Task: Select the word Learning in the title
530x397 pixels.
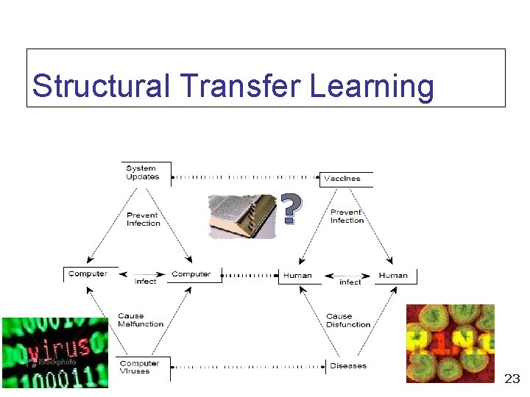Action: point(372,86)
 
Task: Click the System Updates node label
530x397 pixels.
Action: point(142,173)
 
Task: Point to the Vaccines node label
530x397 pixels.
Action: point(342,178)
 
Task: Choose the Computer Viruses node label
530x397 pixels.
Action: point(139,367)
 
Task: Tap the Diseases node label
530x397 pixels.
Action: point(348,366)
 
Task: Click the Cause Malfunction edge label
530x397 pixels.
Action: point(141,320)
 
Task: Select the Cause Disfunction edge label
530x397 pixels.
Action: point(348,320)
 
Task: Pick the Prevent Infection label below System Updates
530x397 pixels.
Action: point(143,219)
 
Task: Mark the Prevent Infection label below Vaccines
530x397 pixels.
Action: point(347,216)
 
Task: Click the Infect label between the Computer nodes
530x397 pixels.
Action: point(145,281)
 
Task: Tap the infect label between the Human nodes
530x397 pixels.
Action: point(350,282)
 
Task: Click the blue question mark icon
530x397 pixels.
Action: point(291,210)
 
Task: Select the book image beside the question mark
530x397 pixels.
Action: point(242,216)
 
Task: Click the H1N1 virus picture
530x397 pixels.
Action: point(450,343)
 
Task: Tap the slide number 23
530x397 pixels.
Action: point(512,379)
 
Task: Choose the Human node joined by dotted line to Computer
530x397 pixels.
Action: point(297,276)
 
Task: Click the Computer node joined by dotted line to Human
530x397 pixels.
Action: point(191,274)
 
